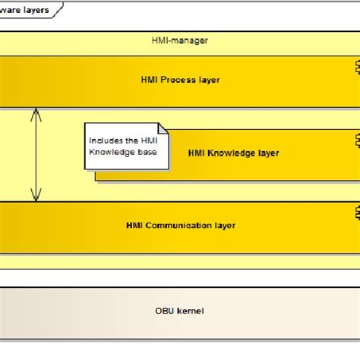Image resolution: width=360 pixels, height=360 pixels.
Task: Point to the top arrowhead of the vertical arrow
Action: [34, 112]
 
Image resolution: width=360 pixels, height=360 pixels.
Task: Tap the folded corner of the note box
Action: [162, 129]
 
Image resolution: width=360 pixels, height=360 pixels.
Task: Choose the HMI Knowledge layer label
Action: [233, 153]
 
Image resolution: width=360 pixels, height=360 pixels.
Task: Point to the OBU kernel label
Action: [179, 311]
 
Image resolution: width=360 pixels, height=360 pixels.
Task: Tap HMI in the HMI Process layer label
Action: [149, 79]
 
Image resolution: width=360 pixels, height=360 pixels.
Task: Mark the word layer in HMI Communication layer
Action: [224, 225]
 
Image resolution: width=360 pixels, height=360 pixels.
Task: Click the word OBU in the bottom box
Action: [165, 311]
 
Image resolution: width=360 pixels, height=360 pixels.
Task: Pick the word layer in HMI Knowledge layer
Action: [267, 153]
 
